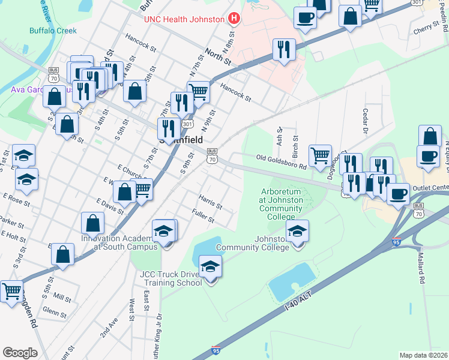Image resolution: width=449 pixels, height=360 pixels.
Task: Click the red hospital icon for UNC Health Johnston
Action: (x=234, y=19)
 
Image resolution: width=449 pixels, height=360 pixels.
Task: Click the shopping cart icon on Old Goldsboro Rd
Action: (x=321, y=155)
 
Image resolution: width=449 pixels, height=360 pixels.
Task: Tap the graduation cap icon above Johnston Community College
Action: (x=297, y=230)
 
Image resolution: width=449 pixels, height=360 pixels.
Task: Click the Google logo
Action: (x=20, y=352)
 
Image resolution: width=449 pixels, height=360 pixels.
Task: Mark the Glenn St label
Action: (x=55, y=311)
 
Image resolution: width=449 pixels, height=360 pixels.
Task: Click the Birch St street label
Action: (x=295, y=143)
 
